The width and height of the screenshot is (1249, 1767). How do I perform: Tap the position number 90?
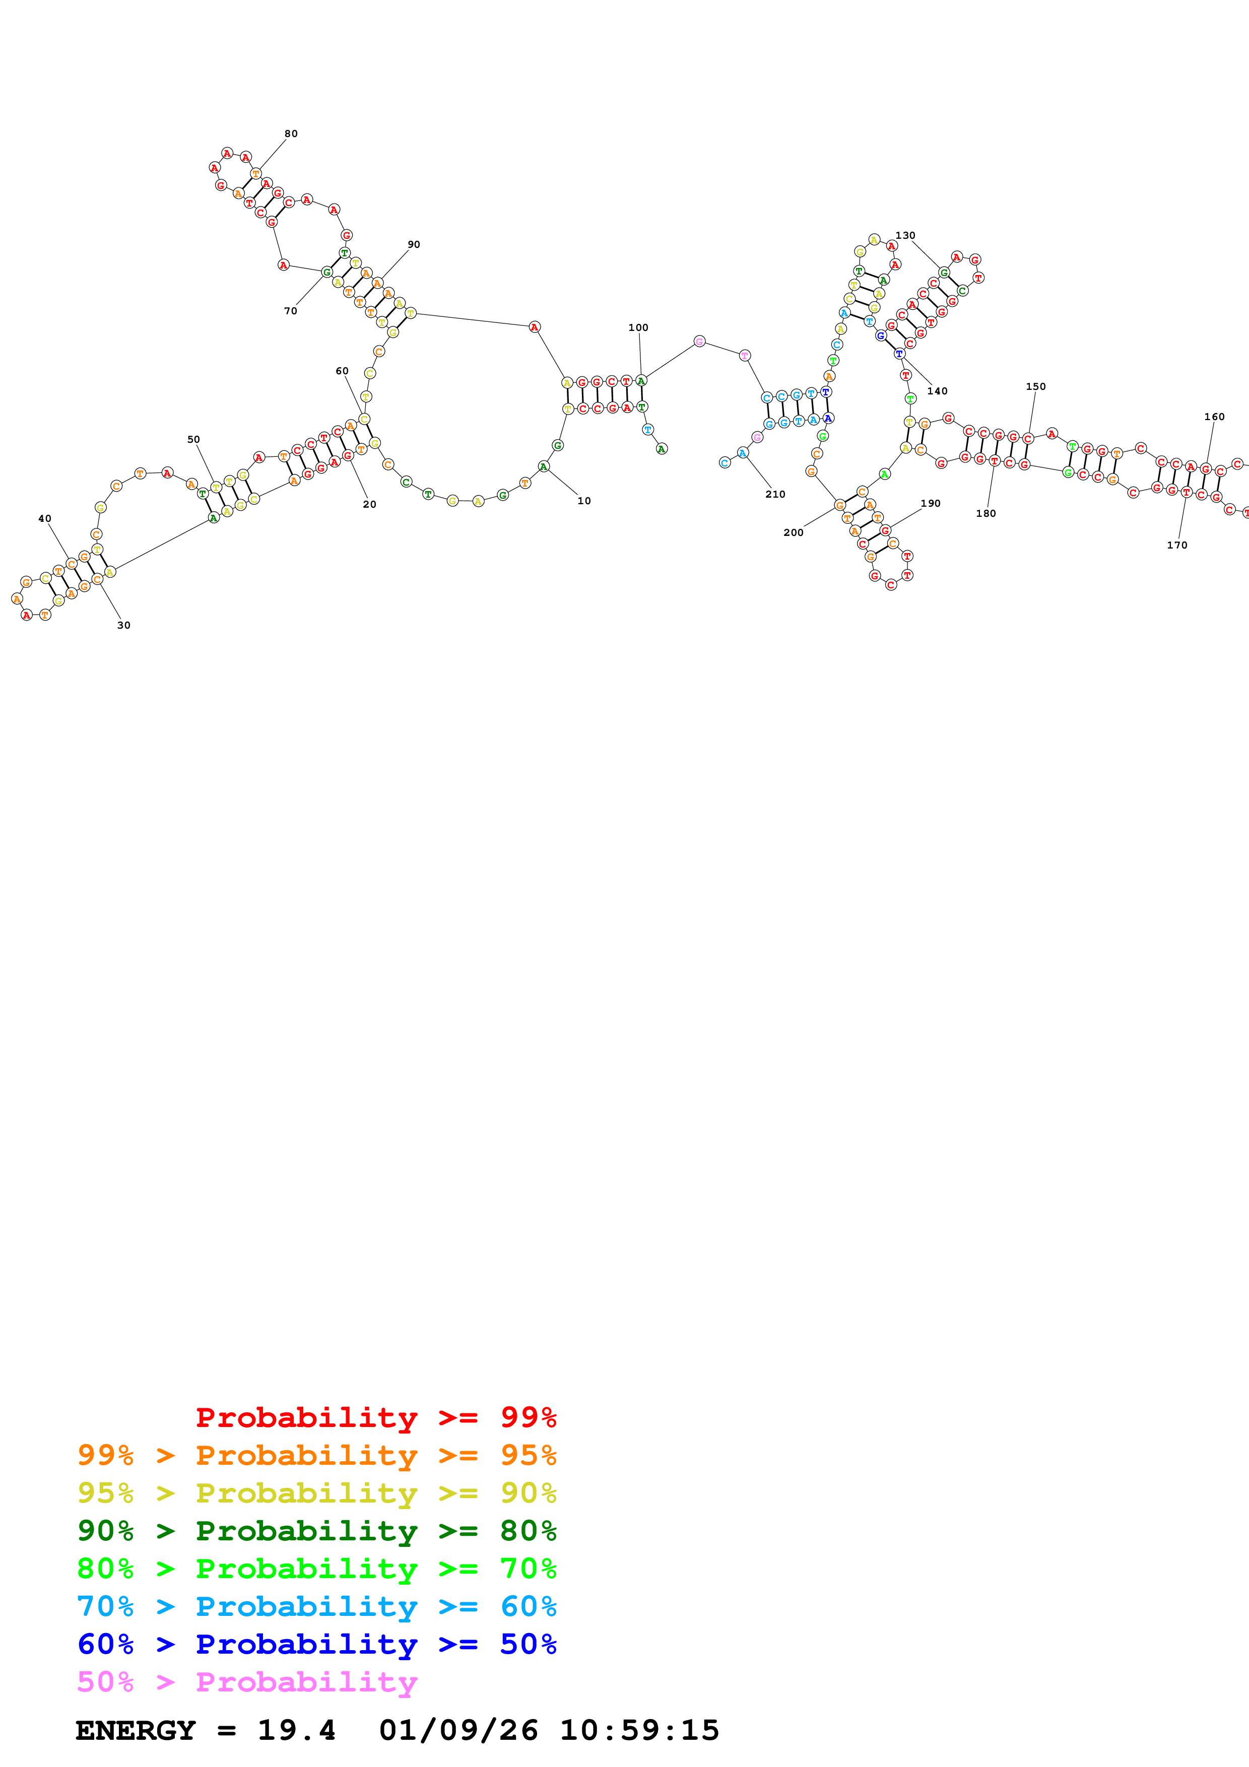click(414, 245)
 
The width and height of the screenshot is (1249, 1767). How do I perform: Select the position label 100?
click(638, 328)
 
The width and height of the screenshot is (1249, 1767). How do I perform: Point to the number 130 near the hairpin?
click(905, 236)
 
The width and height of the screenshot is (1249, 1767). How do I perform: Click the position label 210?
click(775, 495)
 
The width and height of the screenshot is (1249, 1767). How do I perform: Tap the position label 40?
click(45, 519)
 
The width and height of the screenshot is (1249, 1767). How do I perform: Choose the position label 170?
click(1176, 546)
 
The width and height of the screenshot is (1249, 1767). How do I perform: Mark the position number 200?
click(794, 532)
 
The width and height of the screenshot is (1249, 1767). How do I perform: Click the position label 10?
click(584, 501)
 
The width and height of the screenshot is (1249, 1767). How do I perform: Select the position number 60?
click(342, 371)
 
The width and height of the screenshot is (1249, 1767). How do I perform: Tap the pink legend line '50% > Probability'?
click(247, 1682)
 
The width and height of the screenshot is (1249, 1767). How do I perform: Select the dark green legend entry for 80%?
click(316, 1531)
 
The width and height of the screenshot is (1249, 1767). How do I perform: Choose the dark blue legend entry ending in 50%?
click(316, 1644)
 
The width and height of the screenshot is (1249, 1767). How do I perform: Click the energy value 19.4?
click(296, 1730)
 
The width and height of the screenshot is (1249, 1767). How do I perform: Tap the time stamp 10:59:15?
click(639, 1730)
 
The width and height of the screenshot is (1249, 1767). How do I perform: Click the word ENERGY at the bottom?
click(136, 1730)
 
